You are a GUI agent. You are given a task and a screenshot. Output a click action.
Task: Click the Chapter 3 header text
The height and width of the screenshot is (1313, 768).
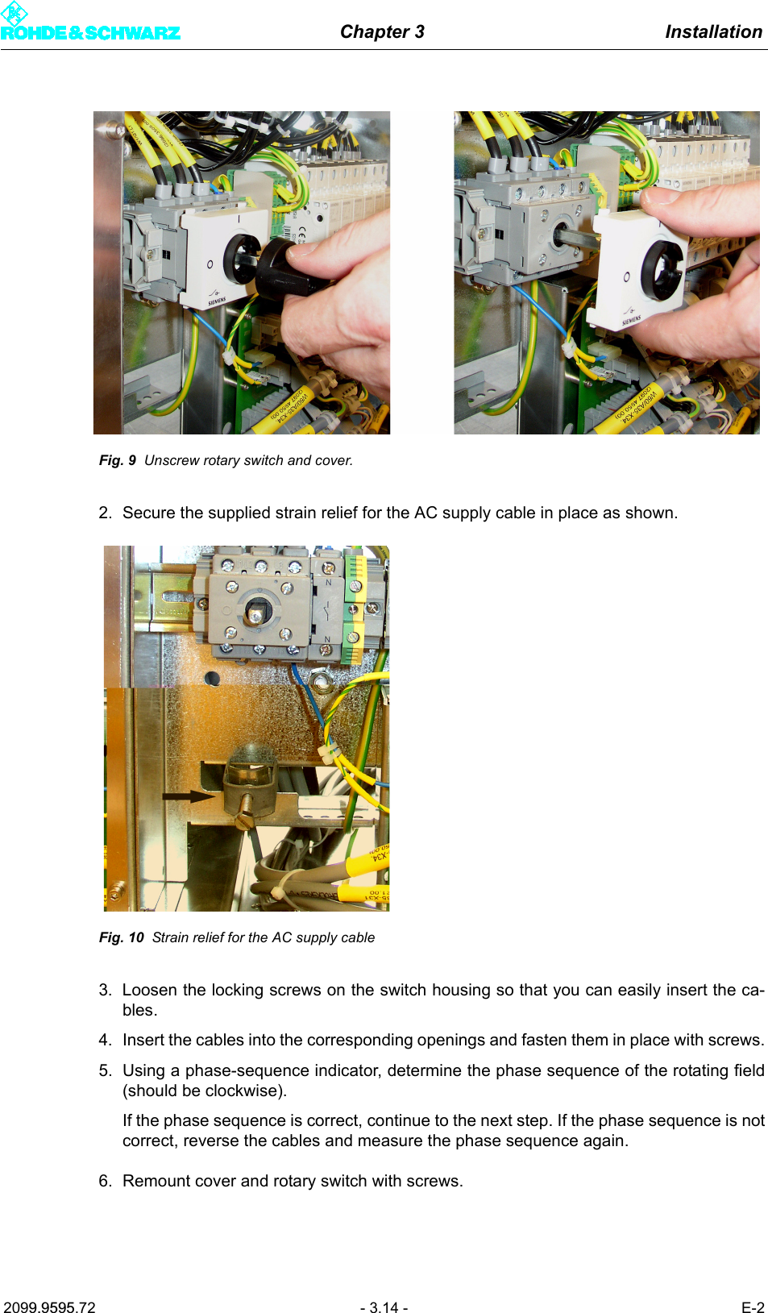click(382, 31)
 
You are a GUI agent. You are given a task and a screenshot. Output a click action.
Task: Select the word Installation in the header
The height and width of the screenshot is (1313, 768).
click(713, 31)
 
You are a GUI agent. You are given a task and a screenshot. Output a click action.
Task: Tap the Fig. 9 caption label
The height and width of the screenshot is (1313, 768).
click(117, 460)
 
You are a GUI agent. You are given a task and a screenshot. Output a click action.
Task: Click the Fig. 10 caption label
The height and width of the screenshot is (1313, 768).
click(121, 937)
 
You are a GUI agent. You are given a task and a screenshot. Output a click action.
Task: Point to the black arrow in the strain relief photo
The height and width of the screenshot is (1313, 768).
click(189, 796)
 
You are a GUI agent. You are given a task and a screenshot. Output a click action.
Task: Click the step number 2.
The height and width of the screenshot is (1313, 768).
click(105, 513)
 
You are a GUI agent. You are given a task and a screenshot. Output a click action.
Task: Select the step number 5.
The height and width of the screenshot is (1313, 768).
click(105, 1070)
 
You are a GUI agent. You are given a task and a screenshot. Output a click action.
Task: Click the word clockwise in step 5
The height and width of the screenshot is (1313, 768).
click(243, 1091)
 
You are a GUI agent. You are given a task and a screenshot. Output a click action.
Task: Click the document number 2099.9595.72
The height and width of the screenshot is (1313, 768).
click(50, 1307)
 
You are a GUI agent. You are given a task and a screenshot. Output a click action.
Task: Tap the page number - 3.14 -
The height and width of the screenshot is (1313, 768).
click(384, 1307)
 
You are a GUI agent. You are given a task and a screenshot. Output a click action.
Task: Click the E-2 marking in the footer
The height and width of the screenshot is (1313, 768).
click(752, 1307)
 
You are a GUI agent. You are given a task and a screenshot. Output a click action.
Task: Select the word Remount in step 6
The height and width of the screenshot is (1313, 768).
click(156, 1181)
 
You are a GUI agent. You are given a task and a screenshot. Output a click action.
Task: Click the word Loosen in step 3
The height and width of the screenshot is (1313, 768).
click(150, 990)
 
